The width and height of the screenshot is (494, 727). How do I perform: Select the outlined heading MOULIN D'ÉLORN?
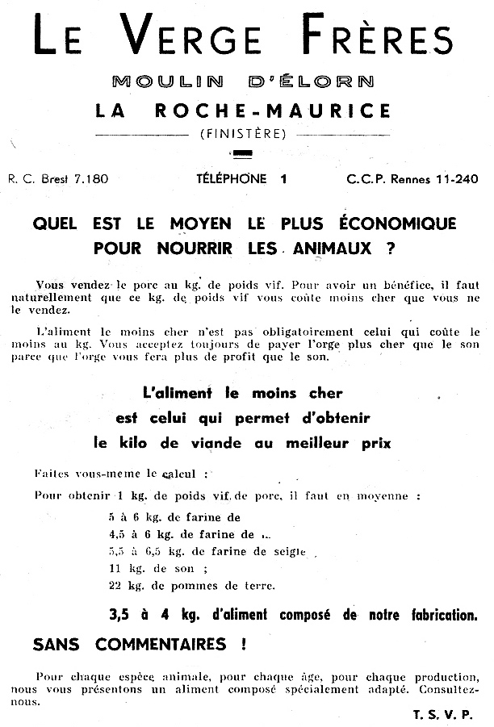point(243,81)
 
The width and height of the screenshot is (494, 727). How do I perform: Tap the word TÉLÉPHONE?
point(229,178)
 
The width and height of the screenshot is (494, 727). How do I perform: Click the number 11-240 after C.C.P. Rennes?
point(457,178)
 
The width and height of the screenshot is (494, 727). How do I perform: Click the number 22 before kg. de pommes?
point(114,586)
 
